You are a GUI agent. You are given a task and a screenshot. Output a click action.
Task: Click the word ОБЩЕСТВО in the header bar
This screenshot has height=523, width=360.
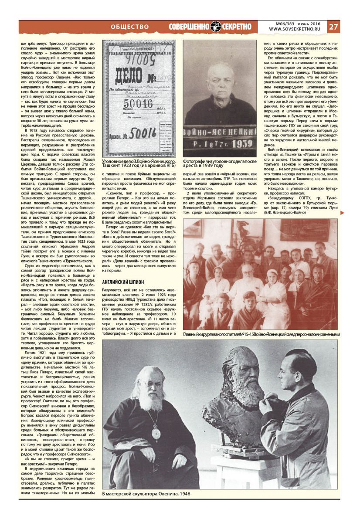click(x=130, y=27)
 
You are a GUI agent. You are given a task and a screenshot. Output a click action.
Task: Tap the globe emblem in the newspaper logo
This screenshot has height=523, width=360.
click(x=216, y=27)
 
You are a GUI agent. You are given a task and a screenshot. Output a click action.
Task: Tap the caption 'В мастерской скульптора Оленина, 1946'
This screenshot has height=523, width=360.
click(x=146, y=494)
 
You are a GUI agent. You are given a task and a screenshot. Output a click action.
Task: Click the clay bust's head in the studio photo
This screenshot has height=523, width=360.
click(x=234, y=371)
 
